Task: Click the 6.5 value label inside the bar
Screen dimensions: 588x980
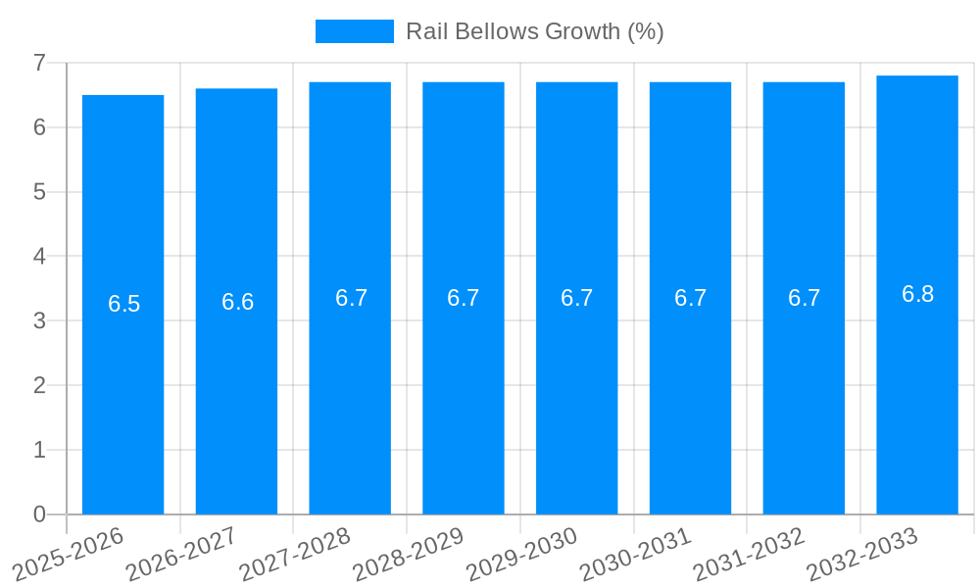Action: coord(123,304)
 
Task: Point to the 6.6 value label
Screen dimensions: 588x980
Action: coord(237,302)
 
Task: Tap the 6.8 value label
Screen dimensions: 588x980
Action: coord(917,294)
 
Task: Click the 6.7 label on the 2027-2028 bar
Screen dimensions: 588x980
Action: coord(351,298)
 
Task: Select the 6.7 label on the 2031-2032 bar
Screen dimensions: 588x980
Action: coord(804,298)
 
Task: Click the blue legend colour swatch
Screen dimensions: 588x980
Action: coord(354,31)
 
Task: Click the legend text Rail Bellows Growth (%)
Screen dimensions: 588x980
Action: coord(534,31)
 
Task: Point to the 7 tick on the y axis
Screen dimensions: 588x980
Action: coord(39,63)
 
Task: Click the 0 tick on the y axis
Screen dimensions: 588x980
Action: coord(39,514)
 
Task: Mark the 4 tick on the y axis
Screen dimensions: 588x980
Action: coord(39,257)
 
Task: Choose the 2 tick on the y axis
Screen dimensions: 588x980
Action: coord(39,385)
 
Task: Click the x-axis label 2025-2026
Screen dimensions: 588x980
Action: coord(69,554)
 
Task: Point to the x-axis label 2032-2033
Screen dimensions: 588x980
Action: coord(861,554)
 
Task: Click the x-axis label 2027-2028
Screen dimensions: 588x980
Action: coord(295,554)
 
